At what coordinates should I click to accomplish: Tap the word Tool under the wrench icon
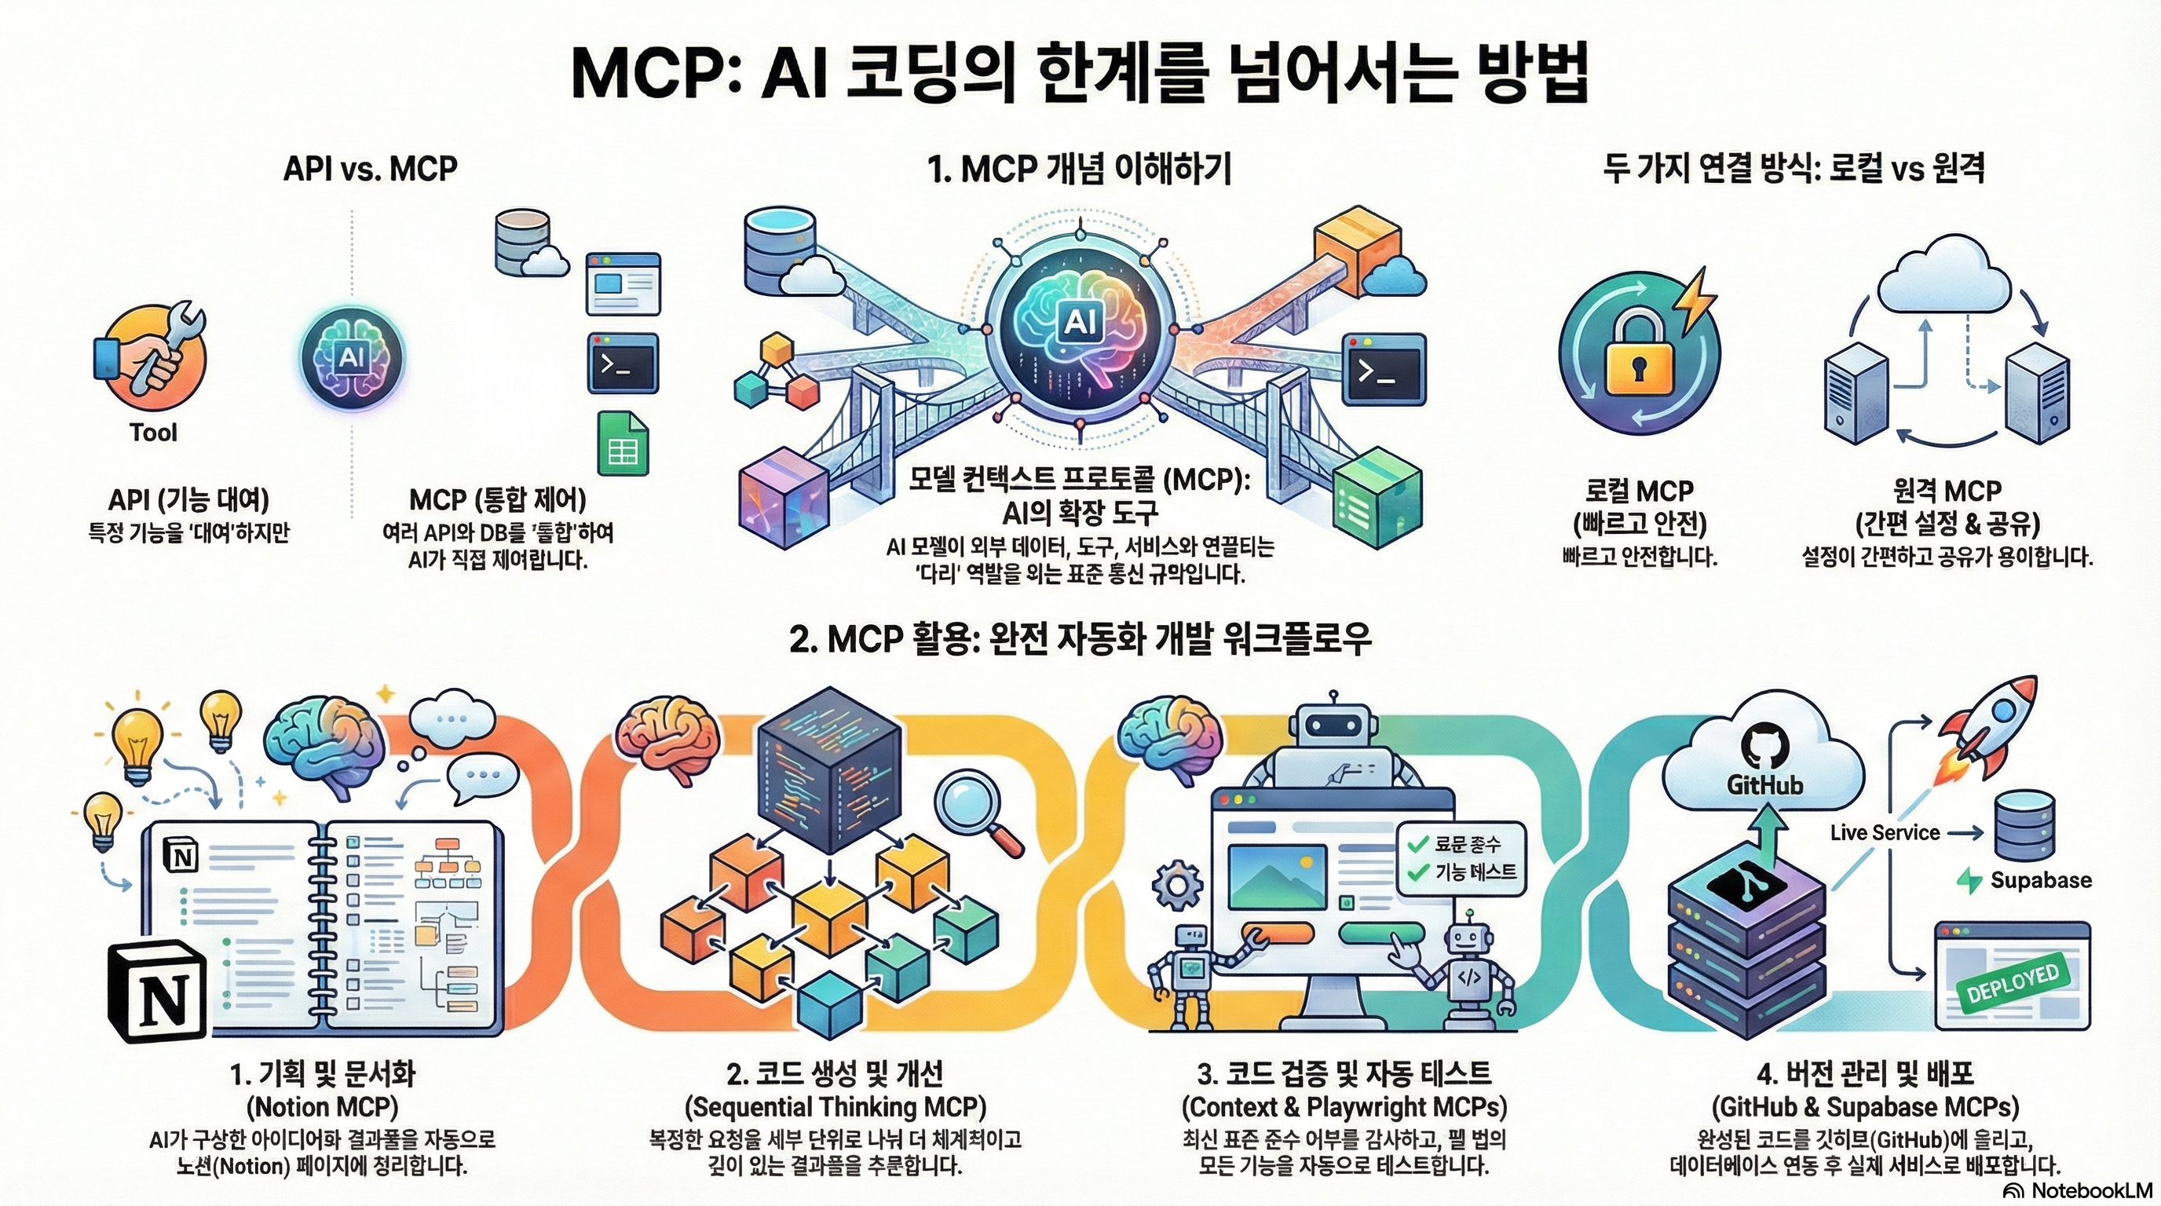click(152, 433)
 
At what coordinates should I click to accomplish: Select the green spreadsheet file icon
click(623, 443)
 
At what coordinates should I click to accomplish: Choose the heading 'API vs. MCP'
click(370, 170)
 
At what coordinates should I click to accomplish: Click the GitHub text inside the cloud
click(1764, 785)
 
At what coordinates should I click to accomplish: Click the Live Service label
click(1884, 833)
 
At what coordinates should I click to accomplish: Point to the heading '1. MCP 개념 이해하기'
click(1080, 170)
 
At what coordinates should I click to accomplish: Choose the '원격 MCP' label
click(1947, 491)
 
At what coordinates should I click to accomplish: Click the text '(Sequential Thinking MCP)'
click(836, 1107)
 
